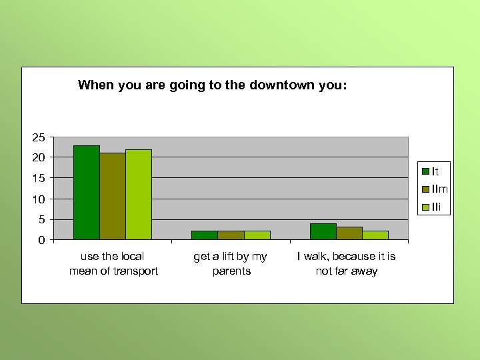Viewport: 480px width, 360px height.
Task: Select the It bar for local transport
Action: (86, 193)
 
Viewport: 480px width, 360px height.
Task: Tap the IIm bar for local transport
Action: (112, 196)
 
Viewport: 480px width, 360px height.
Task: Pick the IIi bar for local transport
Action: (138, 195)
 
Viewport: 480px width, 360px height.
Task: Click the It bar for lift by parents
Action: (204, 235)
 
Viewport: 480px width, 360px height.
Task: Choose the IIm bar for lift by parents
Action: (230, 235)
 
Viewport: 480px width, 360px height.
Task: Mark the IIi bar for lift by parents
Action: (257, 235)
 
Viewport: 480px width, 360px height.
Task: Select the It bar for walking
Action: (323, 231)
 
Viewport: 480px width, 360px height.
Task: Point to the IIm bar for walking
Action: (349, 233)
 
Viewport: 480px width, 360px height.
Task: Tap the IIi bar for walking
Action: (375, 235)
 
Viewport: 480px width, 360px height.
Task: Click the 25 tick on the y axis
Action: (39, 137)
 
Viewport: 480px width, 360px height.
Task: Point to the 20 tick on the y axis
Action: (39, 157)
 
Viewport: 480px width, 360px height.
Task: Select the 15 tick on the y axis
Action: (39, 178)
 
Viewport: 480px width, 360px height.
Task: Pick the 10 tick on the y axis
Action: (39, 199)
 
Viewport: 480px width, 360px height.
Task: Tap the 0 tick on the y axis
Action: (41, 240)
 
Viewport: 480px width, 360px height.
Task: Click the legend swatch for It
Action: (425, 172)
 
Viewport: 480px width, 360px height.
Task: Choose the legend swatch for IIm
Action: (425, 189)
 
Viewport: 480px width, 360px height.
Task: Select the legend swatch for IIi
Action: (425, 207)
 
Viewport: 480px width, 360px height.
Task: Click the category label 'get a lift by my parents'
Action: (231, 263)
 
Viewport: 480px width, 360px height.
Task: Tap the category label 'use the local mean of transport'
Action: (113, 263)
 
